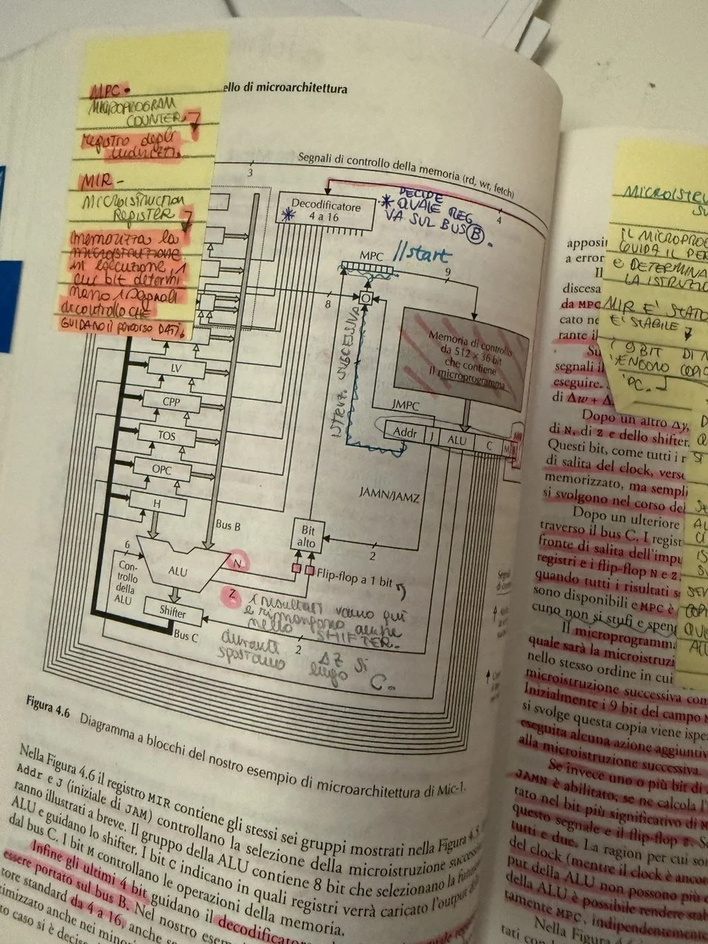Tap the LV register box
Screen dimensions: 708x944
point(176,367)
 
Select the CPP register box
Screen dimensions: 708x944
point(171,402)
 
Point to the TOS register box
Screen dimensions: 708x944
point(167,436)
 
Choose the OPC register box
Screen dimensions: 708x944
point(162,470)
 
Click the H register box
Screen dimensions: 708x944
point(157,502)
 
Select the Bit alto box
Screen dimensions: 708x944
point(307,536)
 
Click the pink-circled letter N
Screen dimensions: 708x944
point(238,562)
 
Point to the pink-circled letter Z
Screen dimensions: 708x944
point(233,594)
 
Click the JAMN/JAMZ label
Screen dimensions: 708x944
point(389,498)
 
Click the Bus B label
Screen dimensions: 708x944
point(227,526)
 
